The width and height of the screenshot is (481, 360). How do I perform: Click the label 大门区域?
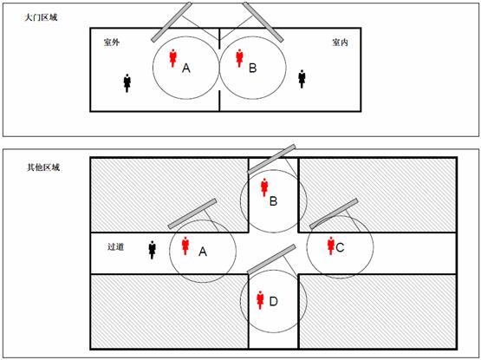tap(41, 17)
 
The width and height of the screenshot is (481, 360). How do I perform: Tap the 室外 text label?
tap(111, 43)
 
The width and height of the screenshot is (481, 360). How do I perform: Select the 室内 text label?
tap(341, 43)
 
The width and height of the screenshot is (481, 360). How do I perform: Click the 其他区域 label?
tap(43, 167)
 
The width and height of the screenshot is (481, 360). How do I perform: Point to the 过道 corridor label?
tap(115, 246)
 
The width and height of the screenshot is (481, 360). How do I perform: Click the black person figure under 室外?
tap(127, 83)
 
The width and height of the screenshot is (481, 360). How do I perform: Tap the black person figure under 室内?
tap(302, 79)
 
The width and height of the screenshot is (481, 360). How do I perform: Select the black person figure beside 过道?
tap(152, 250)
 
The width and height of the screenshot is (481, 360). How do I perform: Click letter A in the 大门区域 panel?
tap(186, 68)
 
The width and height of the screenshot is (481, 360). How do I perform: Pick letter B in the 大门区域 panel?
tap(252, 68)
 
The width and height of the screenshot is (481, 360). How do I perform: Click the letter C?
tap(340, 247)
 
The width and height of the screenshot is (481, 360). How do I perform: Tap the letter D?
tap(273, 301)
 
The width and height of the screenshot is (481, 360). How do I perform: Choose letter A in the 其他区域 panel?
tap(203, 252)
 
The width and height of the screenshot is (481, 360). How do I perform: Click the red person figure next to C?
tap(331, 245)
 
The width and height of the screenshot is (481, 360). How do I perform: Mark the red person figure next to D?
tap(261, 300)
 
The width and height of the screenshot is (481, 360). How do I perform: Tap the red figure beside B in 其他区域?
tap(264, 187)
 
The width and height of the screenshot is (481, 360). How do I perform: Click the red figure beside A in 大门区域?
tap(173, 58)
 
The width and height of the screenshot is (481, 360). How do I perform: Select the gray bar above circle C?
tap(334, 213)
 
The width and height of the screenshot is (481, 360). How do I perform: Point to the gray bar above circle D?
tap(271, 259)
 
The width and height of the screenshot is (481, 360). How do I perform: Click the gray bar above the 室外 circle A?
tap(172, 22)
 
